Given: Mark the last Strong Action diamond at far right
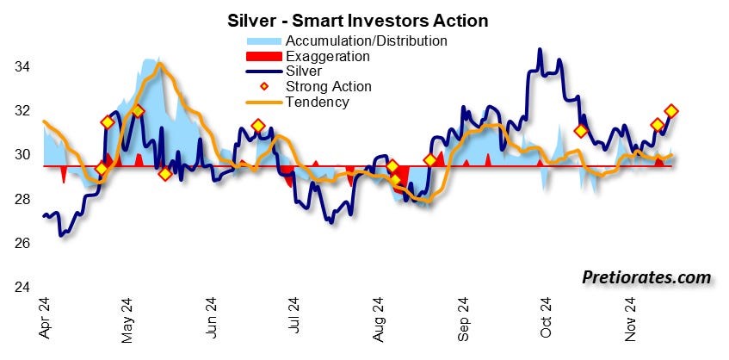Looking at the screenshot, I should point(672,111).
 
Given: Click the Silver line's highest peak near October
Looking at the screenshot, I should point(540,49).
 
